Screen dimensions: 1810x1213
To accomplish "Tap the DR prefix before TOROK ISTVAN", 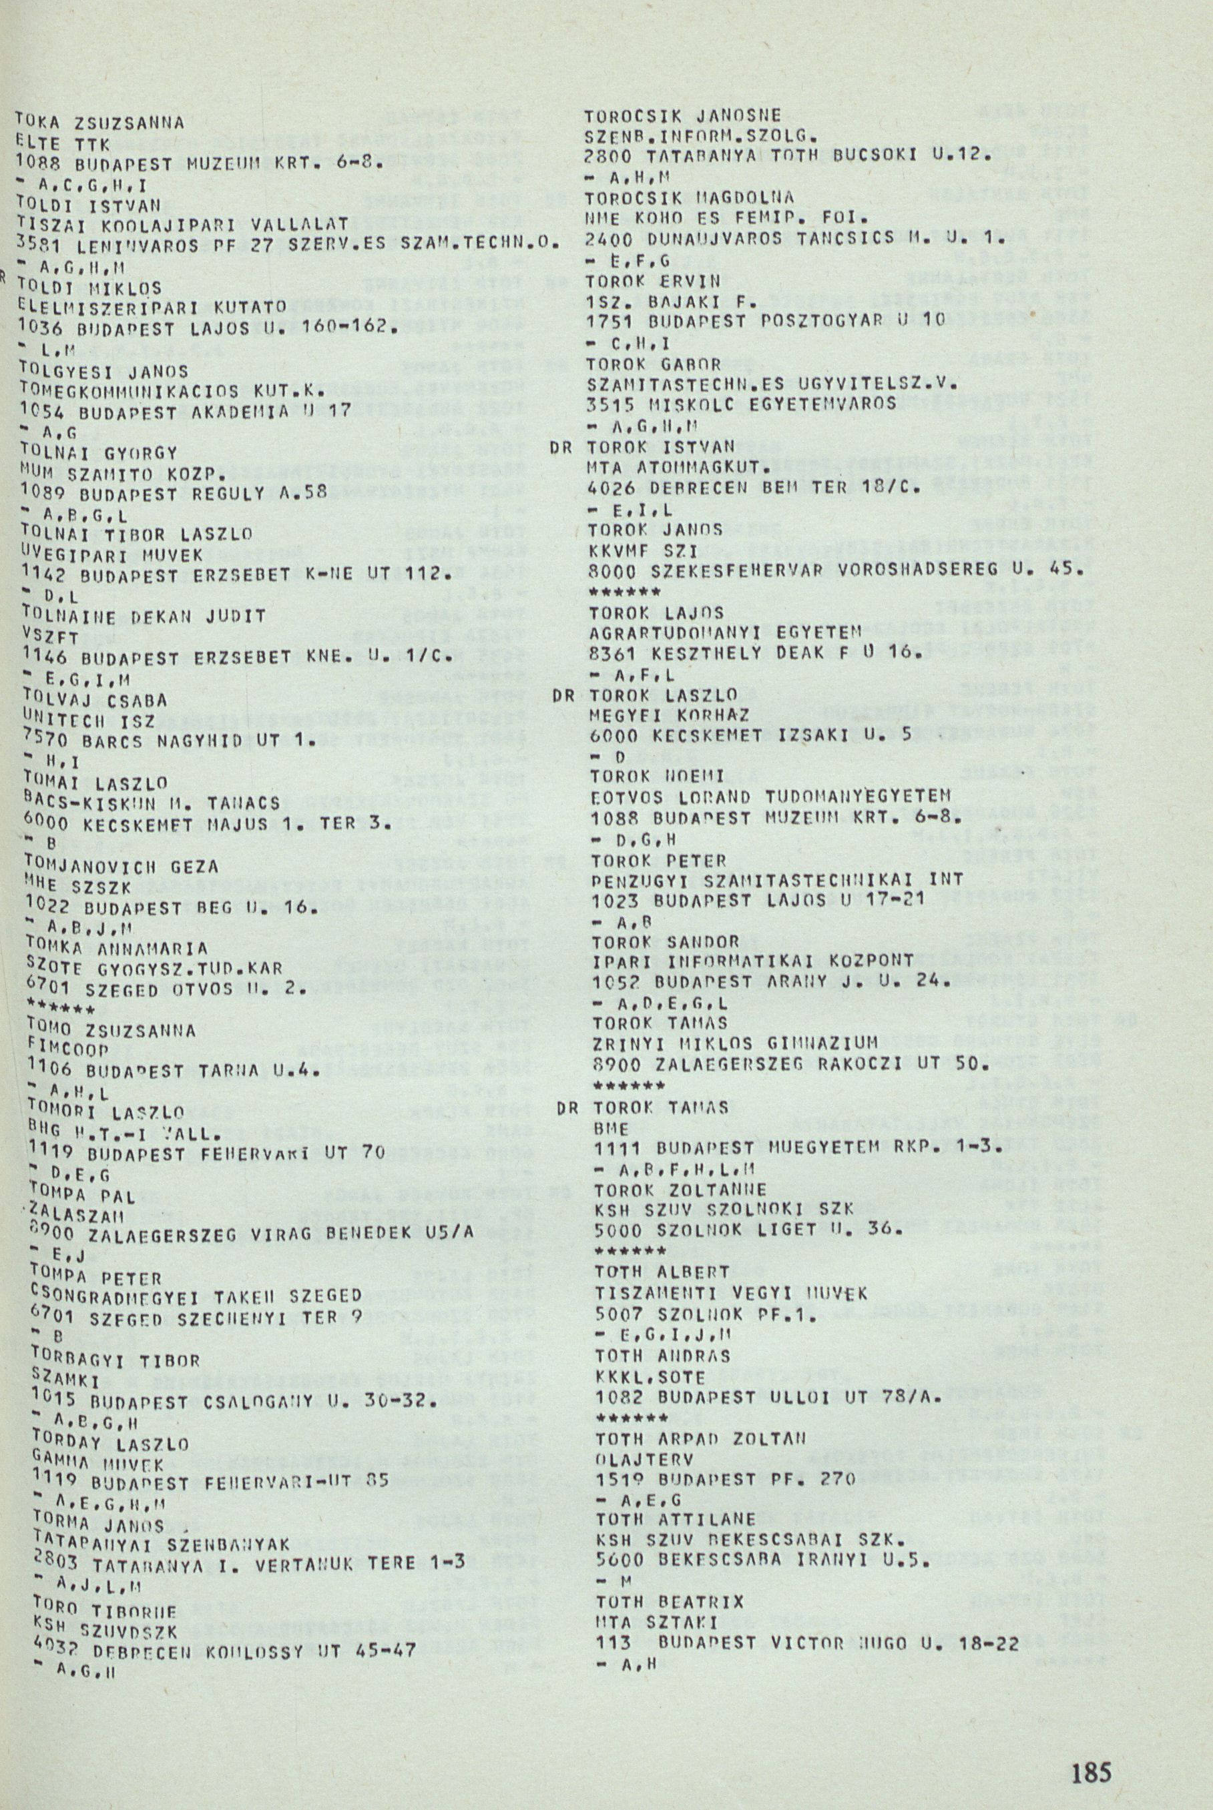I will point(561,448).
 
